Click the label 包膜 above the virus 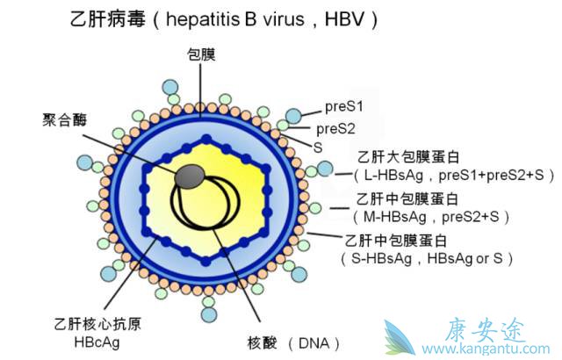(x=201, y=54)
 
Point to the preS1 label (x=345, y=107)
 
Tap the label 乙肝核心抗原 (x=98, y=323)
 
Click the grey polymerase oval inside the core (x=189, y=177)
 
